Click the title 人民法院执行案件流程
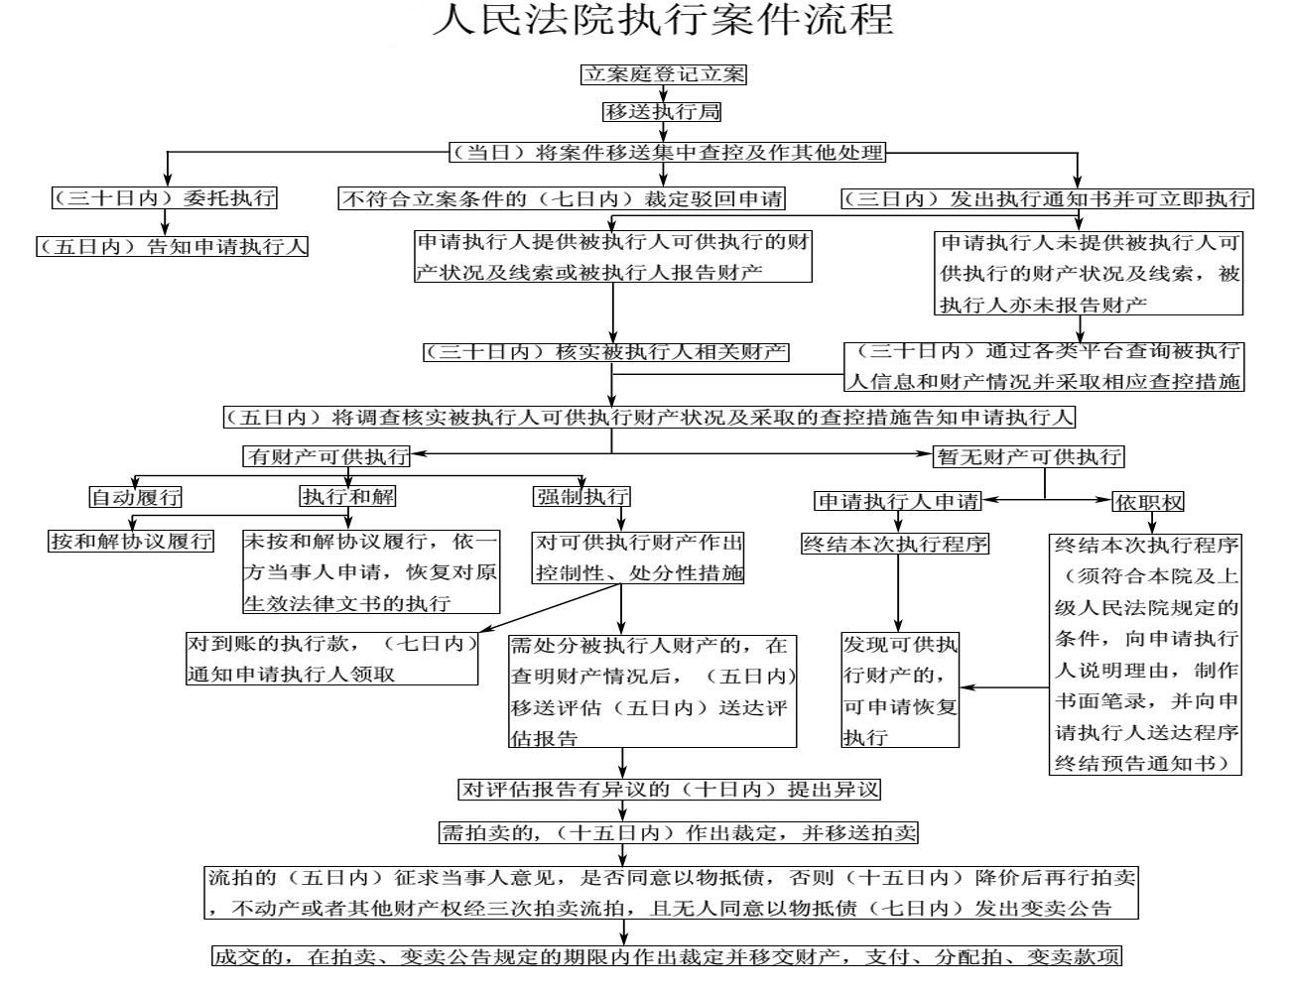tap(663, 20)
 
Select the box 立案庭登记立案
tap(663, 74)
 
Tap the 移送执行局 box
tap(662, 111)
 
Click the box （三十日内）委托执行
tap(165, 197)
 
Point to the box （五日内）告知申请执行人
tap(172, 246)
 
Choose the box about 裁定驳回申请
tap(562, 198)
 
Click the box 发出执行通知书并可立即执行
tap(1047, 198)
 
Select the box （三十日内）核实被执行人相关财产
tap(605, 352)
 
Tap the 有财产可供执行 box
tap(326, 456)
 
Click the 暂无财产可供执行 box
tap(1029, 456)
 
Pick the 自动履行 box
tap(135, 497)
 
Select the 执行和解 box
tap(347, 496)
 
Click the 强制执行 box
tap(581, 496)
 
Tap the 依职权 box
tap(1148, 502)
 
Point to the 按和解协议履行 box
tap(131, 541)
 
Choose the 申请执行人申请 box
tap(898, 501)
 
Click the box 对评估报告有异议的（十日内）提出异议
tap(669, 790)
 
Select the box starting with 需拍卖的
tap(678, 833)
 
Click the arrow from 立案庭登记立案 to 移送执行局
tap(663, 93)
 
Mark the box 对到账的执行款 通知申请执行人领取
tap(331, 659)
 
